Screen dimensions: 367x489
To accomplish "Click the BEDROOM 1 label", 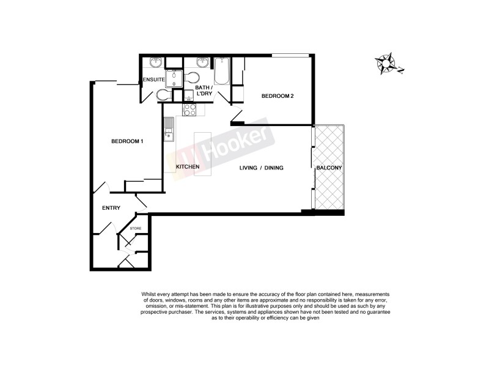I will click(x=127, y=141).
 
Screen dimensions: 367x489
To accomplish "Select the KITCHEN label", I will click(x=188, y=167).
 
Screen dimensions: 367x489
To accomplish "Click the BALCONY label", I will click(x=329, y=167).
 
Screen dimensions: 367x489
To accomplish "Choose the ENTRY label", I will click(x=111, y=208).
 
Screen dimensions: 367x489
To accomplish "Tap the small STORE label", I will click(x=135, y=229).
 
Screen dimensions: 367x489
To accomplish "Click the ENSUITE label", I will click(x=153, y=80).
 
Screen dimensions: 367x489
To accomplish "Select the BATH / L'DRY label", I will click(x=204, y=91).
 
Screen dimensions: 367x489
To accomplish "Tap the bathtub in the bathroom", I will click(x=221, y=71).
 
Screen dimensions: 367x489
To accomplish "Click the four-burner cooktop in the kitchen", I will click(x=189, y=110).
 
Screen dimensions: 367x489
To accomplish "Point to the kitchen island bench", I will click(x=202, y=154).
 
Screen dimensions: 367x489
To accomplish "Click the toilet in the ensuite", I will click(x=163, y=95).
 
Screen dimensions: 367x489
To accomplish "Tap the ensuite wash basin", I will click(x=156, y=62).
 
